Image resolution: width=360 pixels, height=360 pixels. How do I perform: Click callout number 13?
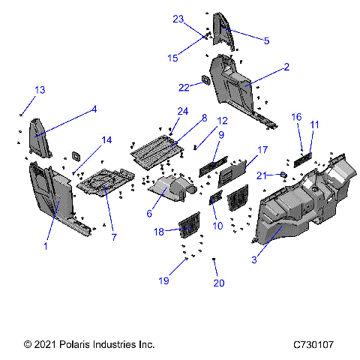point(39,90)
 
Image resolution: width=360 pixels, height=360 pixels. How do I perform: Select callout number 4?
point(94,109)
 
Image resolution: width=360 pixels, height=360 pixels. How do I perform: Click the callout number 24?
point(182,112)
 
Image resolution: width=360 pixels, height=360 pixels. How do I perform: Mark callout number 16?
point(297,117)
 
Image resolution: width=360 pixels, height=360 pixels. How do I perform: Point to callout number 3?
point(255,259)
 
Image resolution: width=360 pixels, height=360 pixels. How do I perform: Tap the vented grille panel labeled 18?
point(189,223)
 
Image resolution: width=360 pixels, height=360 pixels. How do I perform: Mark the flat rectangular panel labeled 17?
point(228,175)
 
